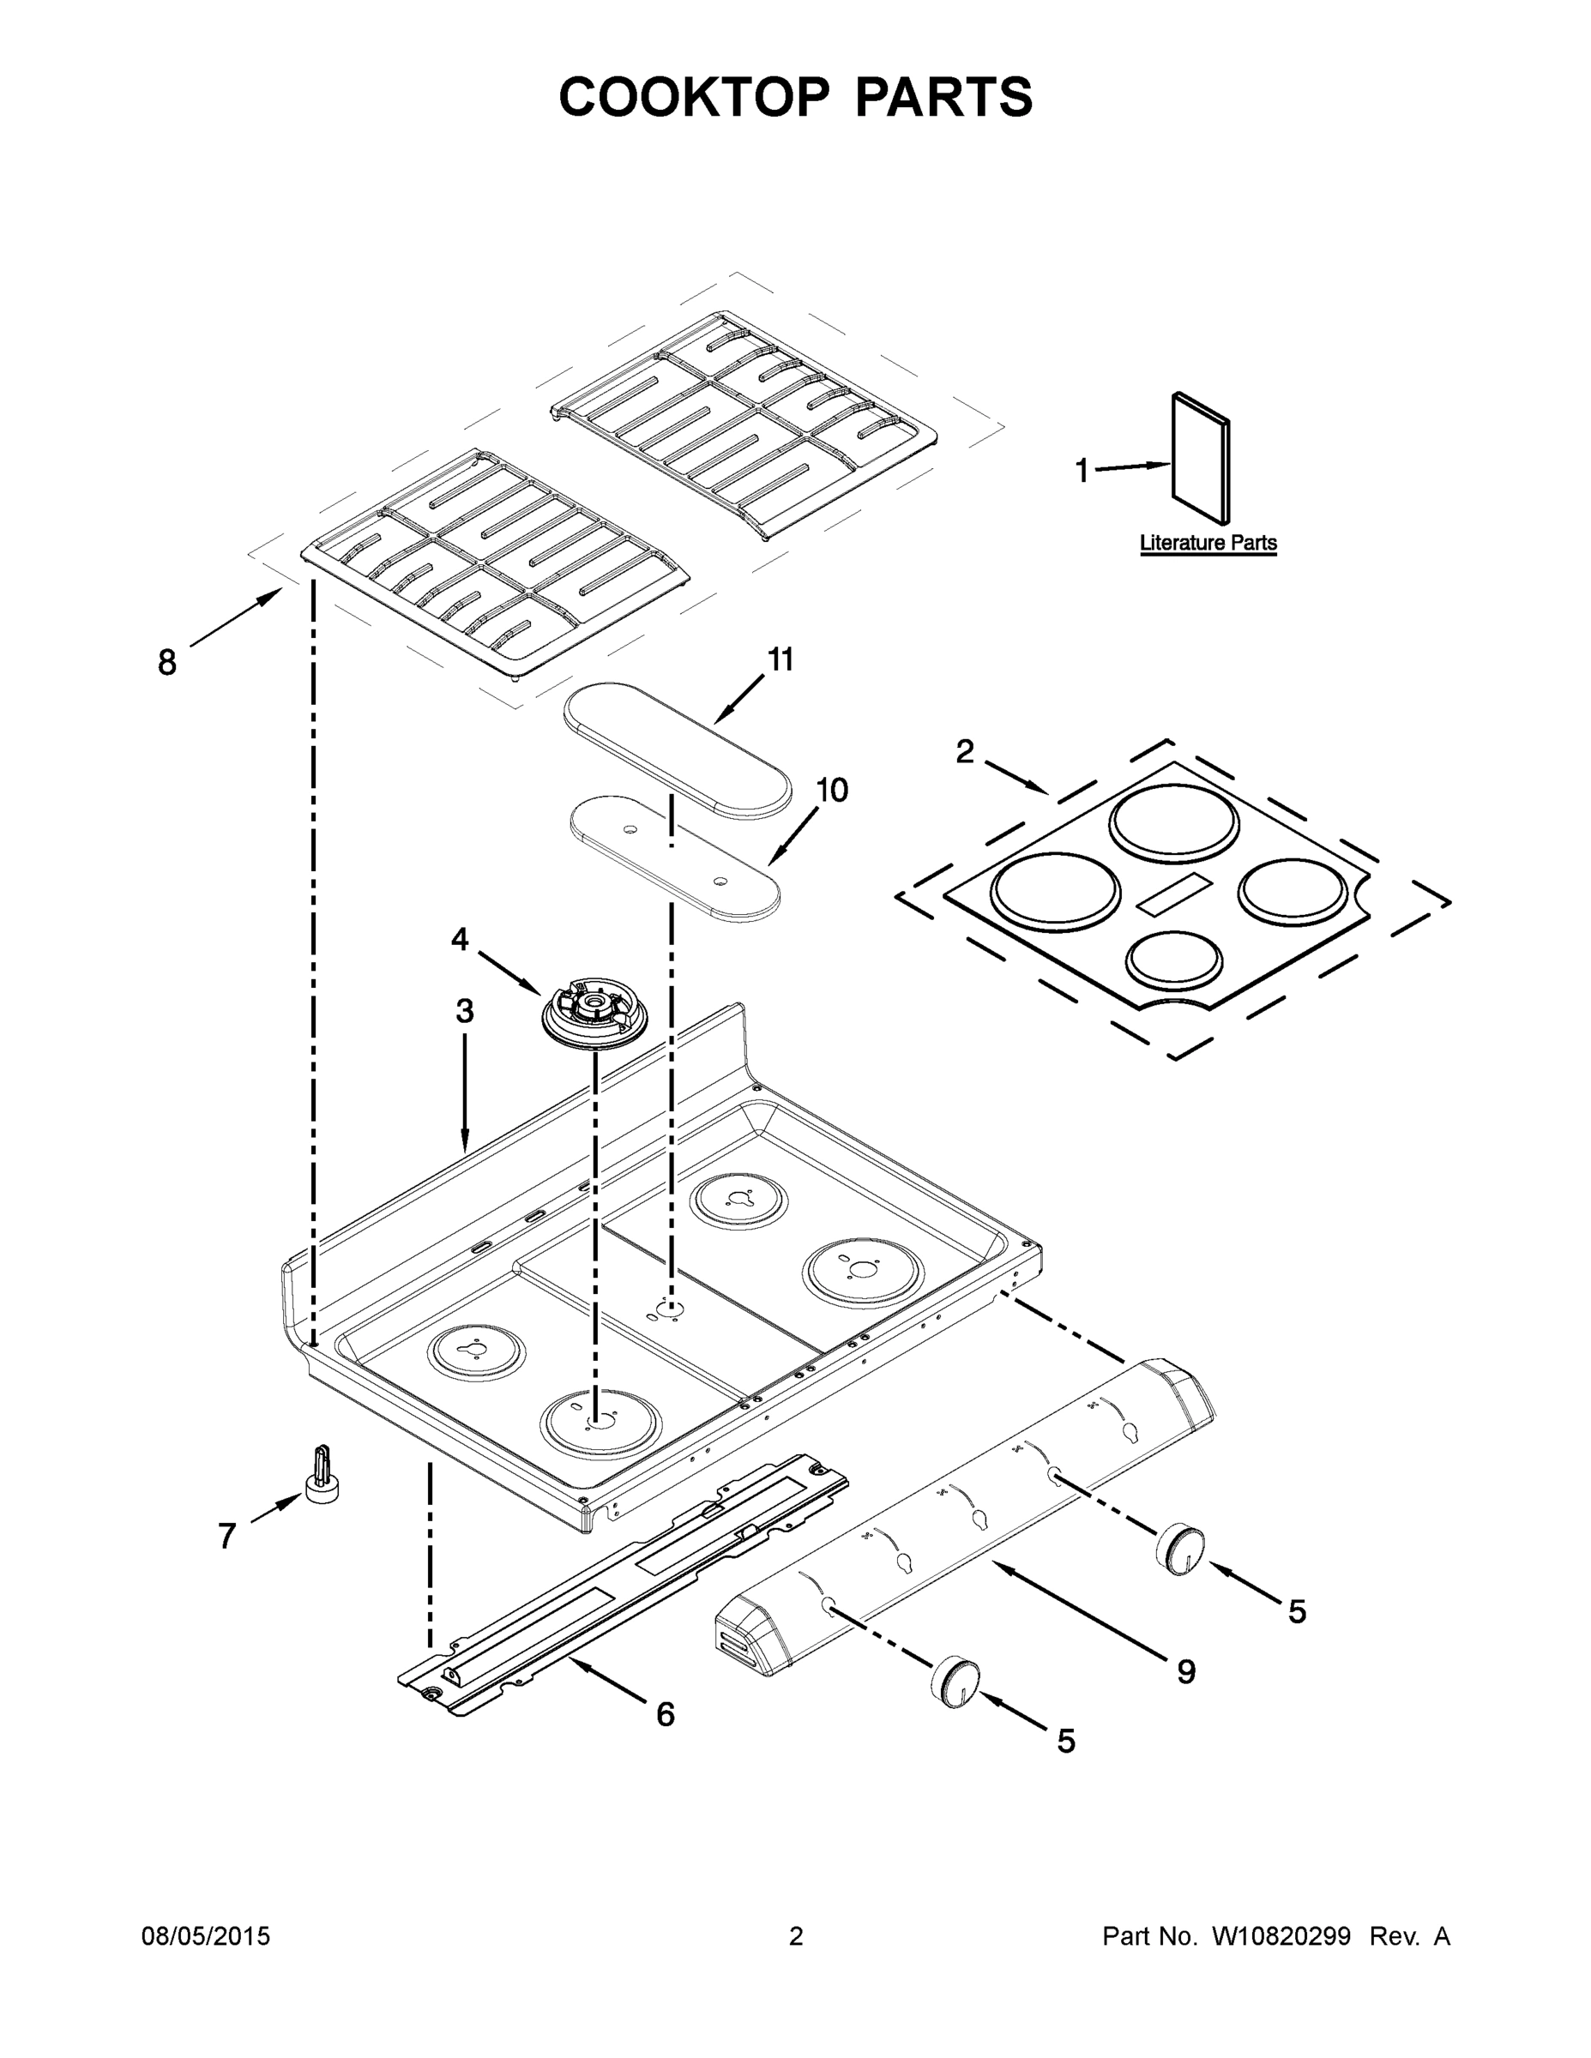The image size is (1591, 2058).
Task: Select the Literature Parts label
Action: pyautogui.click(x=1208, y=543)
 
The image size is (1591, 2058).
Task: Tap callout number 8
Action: pyautogui.click(x=167, y=664)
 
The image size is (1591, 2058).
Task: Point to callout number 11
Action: pyautogui.click(x=780, y=659)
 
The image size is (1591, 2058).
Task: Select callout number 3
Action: pyautogui.click(x=465, y=1012)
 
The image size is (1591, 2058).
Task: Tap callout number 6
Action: pyautogui.click(x=666, y=1714)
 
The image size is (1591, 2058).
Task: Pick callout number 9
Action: pyautogui.click(x=1185, y=1671)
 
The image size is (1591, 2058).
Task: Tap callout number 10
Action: pyautogui.click(x=831, y=790)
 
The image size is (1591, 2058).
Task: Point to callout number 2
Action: pyautogui.click(x=964, y=752)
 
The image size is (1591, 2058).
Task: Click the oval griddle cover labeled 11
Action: pyautogui.click(x=677, y=749)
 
